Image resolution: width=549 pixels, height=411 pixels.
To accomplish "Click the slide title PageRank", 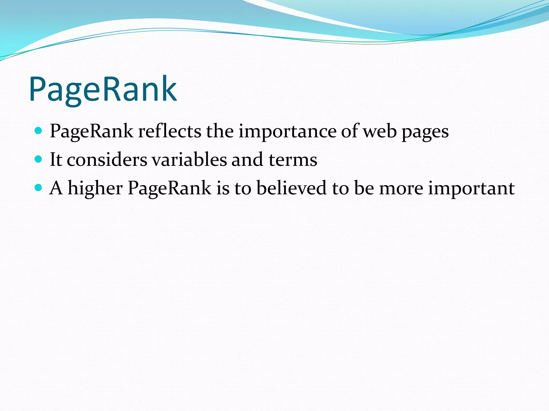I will [103, 89].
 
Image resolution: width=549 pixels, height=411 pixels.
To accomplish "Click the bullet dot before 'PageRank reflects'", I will [39, 131].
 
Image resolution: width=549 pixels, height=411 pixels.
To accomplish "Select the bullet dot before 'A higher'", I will [39, 188].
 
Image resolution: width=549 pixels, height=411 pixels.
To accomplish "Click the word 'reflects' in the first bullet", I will [169, 131].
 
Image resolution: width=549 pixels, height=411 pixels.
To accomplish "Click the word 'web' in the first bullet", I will [380, 131].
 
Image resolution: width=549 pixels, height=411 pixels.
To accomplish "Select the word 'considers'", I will [107, 160].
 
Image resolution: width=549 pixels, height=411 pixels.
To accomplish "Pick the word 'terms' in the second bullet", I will [293, 160].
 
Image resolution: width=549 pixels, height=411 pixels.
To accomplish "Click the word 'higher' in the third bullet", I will [95, 188].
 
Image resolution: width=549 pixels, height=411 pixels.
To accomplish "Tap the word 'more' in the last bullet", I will [401, 188].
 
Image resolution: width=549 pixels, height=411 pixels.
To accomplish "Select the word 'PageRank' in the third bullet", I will [169, 188].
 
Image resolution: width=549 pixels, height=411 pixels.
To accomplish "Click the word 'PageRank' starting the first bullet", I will [91, 131].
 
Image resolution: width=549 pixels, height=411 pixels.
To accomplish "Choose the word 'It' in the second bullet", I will [56, 160].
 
